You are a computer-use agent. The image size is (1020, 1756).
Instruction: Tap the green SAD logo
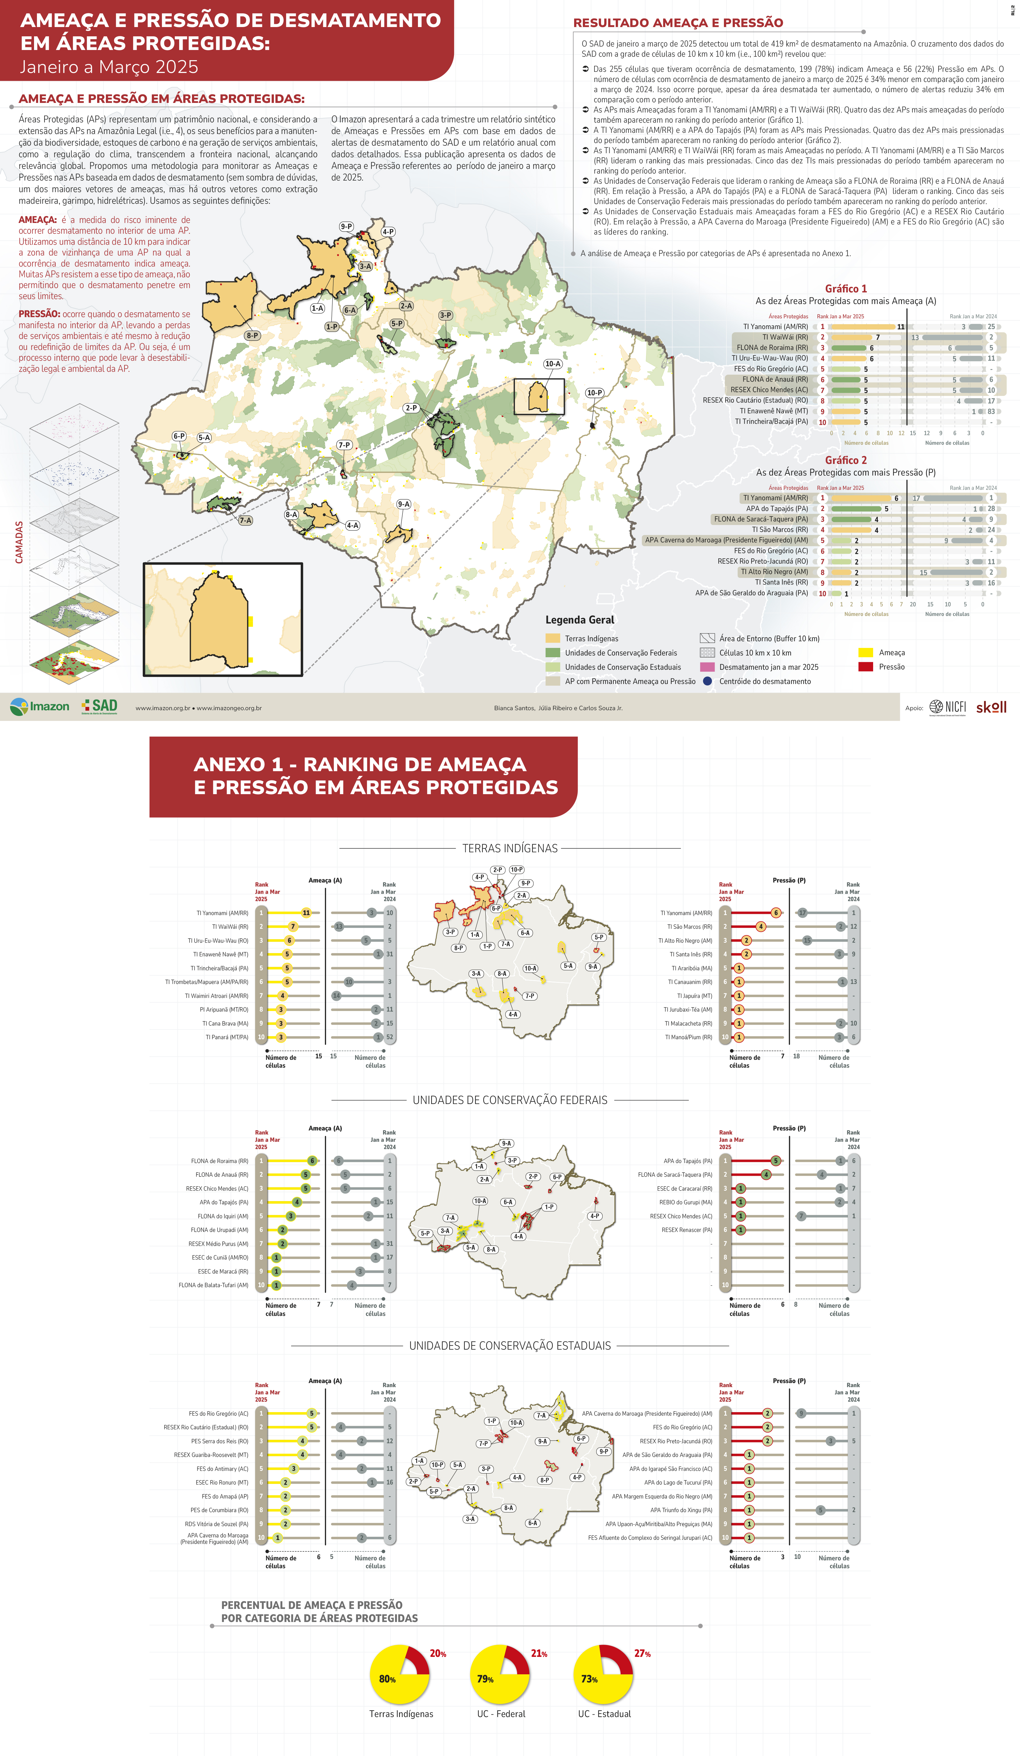point(100,706)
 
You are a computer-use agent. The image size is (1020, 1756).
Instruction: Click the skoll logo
point(991,707)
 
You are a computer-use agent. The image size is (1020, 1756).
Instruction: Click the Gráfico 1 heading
point(846,288)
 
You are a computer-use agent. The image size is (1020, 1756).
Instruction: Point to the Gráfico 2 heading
point(846,460)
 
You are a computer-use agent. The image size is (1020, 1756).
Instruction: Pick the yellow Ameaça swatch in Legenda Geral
point(865,652)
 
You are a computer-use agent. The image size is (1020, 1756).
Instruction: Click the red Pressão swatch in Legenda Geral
point(865,667)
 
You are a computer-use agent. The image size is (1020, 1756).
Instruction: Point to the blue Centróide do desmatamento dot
point(707,681)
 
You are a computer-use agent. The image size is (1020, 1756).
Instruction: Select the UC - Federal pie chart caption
point(501,1714)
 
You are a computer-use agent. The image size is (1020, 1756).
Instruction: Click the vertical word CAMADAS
point(19,542)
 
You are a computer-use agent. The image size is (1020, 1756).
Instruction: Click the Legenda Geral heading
point(579,619)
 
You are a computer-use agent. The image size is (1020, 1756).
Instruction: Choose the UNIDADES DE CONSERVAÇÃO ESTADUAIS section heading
point(510,1346)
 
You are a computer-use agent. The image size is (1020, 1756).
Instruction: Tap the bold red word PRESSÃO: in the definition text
point(39,314)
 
